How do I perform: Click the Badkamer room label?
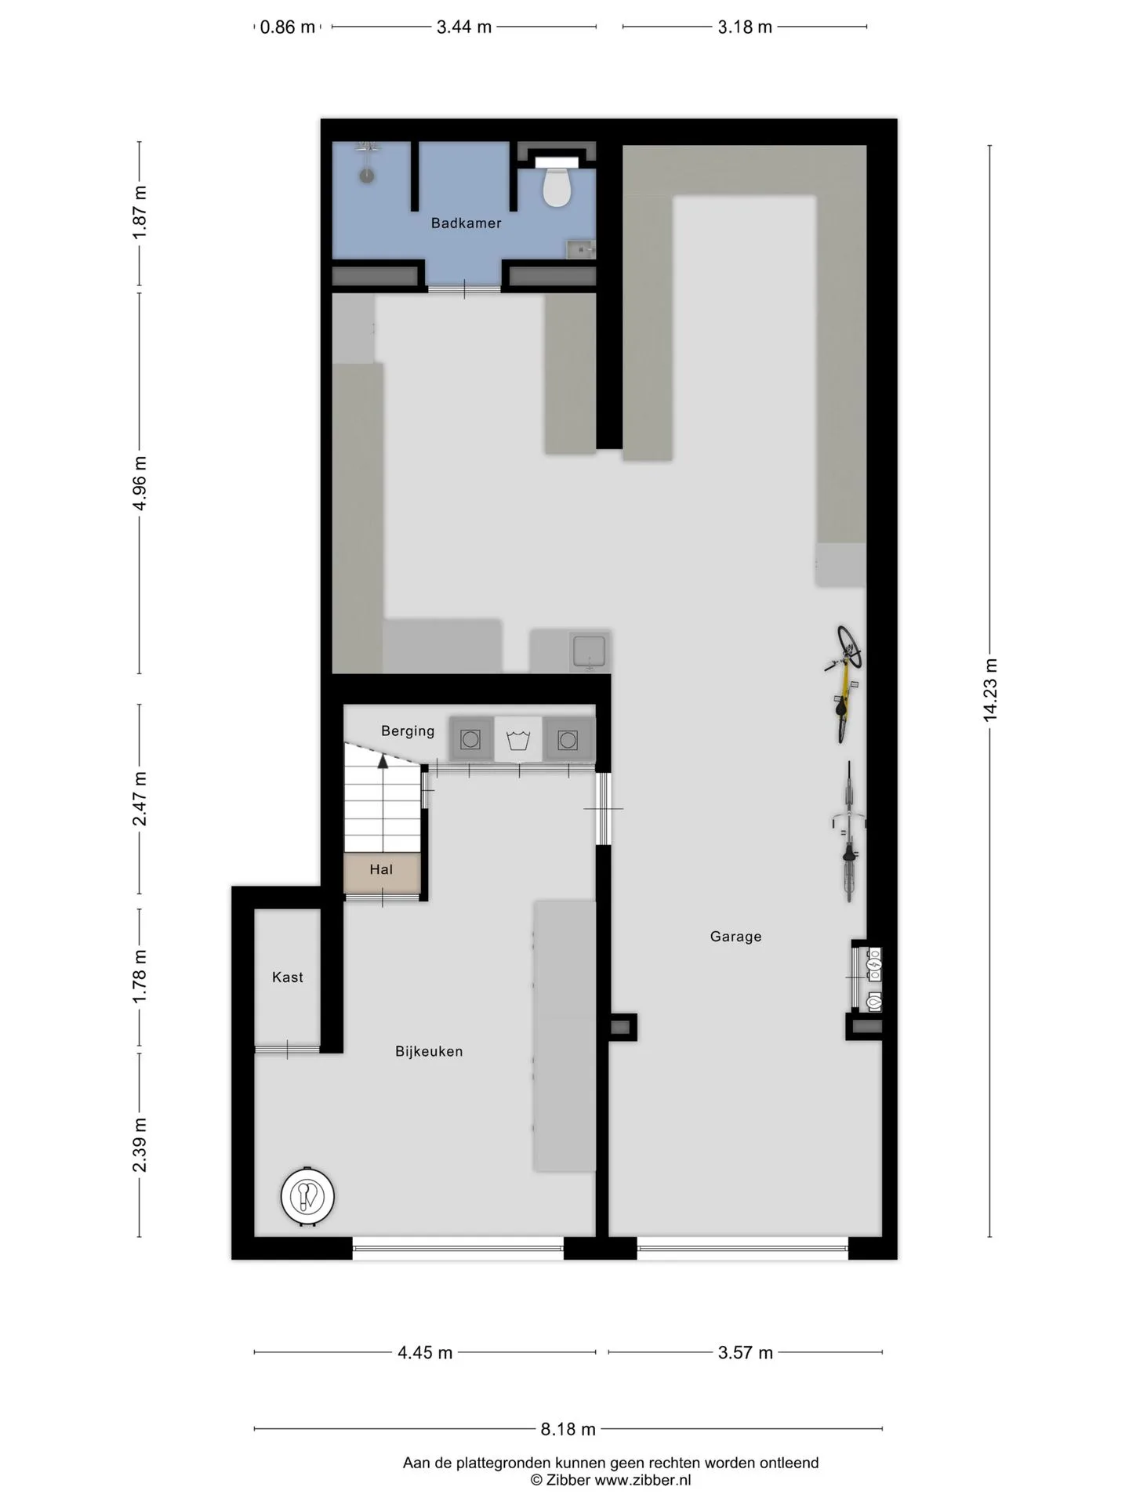466,223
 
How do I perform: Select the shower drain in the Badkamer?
367,176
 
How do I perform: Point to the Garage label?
735,936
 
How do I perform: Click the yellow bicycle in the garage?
844,683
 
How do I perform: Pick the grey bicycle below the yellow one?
849,832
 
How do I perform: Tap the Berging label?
408,731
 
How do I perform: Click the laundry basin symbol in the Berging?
518,740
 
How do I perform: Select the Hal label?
381,869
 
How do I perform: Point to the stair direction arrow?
383,760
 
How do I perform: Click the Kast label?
288,977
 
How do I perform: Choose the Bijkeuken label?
429,1052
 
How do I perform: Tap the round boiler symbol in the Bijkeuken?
307,1196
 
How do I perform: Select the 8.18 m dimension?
568,1429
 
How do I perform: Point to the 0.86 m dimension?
287,27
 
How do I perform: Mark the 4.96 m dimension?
140,483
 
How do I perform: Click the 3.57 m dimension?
746,1352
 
